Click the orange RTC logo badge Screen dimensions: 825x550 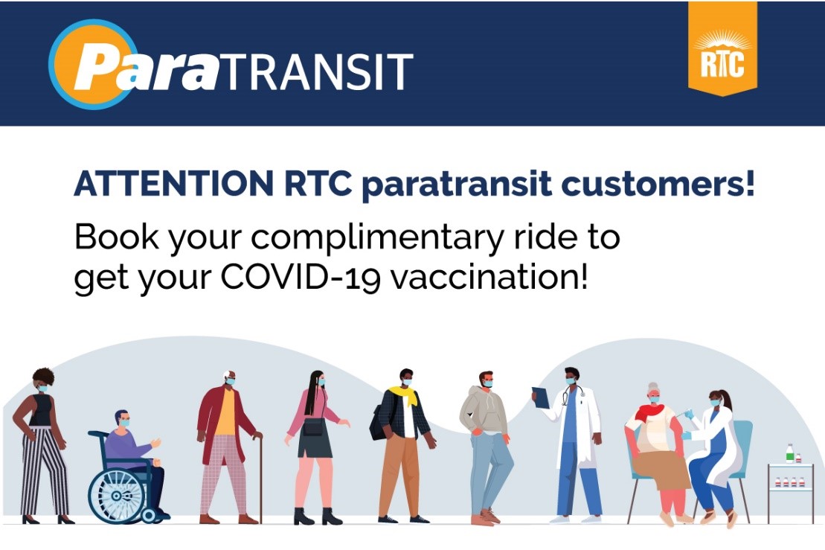tap(722, 48)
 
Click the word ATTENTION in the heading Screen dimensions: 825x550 tap(173, 185)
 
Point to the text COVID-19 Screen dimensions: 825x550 tap(301, 277)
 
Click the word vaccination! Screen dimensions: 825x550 tap(489, 277)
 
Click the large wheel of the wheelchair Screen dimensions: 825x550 tap(117, 495)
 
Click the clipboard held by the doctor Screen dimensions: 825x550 tap(540, 398)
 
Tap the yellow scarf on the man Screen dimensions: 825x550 tap(404, 396)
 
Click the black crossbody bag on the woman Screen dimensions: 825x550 tap(314, 426)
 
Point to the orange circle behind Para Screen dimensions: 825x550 tap(89, 64)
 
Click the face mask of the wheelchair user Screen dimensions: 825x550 tap(124, 423)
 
